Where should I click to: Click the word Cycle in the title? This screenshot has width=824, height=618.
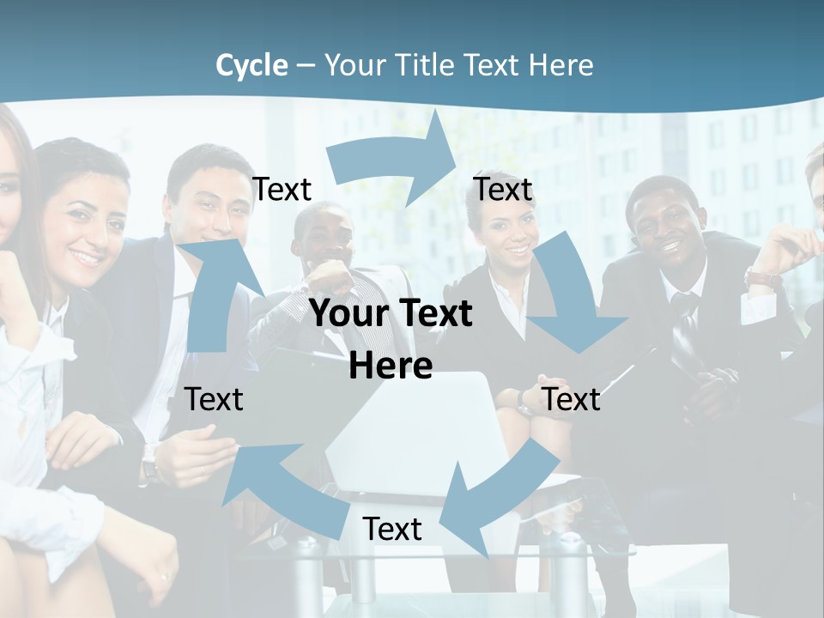(x=251, y=65)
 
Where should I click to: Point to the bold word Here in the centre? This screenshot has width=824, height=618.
(x=391, y=366)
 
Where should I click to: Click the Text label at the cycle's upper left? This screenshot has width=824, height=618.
(x=282, y=190)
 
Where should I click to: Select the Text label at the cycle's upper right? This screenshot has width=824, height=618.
(x=503, y=190)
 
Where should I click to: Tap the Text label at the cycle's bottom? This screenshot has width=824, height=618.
(x=392, y=530)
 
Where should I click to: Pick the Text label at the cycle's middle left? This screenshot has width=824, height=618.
(x=214, y=399)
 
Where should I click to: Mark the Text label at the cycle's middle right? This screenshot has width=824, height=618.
(x=572, y=399)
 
